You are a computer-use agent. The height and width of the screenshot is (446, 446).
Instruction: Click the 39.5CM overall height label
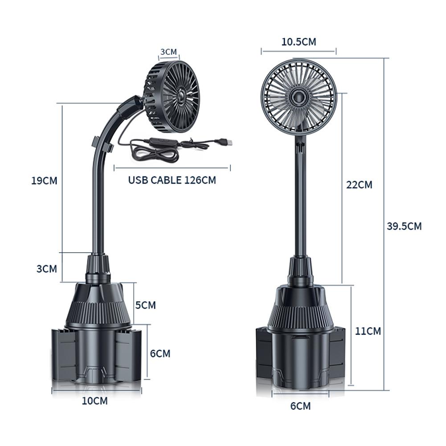[x=404, y=226]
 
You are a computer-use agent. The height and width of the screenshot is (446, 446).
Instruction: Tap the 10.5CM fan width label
[x=299, y=42]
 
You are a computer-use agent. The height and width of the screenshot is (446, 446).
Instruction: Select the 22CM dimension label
[x=359, y=184]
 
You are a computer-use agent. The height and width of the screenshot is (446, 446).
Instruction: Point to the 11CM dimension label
[x=368, y=331]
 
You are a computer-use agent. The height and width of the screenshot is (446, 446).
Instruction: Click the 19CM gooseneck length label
[x=45, y=181]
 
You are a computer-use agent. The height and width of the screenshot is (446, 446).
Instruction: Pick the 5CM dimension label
[x=146, y=305]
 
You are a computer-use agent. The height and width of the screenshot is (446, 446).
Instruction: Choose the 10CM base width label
[x=95, y=401]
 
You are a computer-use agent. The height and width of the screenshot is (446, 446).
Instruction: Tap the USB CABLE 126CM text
[x=172, y=180]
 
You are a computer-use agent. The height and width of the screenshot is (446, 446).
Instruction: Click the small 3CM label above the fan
[x=169, y=52]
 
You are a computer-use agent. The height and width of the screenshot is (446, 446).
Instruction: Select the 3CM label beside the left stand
[x=47, y=269]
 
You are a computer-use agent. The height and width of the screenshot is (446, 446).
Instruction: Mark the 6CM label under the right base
[x=300, y=406]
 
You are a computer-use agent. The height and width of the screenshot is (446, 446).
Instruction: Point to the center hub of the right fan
[x=298, y=96]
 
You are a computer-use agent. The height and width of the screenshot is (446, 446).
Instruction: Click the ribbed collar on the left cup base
[x=98, y=313]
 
